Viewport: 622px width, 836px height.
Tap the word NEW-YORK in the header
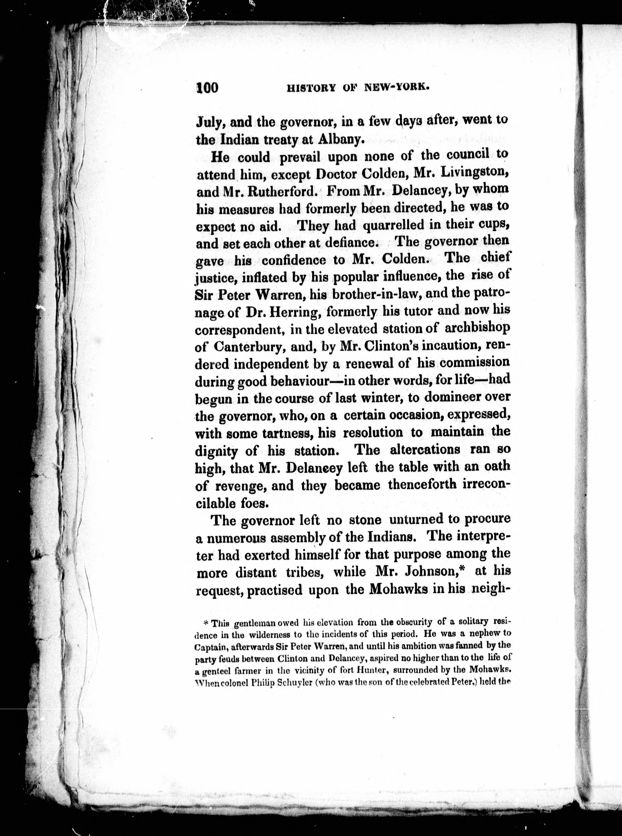(397, 88)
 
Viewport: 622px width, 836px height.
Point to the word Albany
(341, 140)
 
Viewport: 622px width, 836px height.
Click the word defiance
(345, 243)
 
